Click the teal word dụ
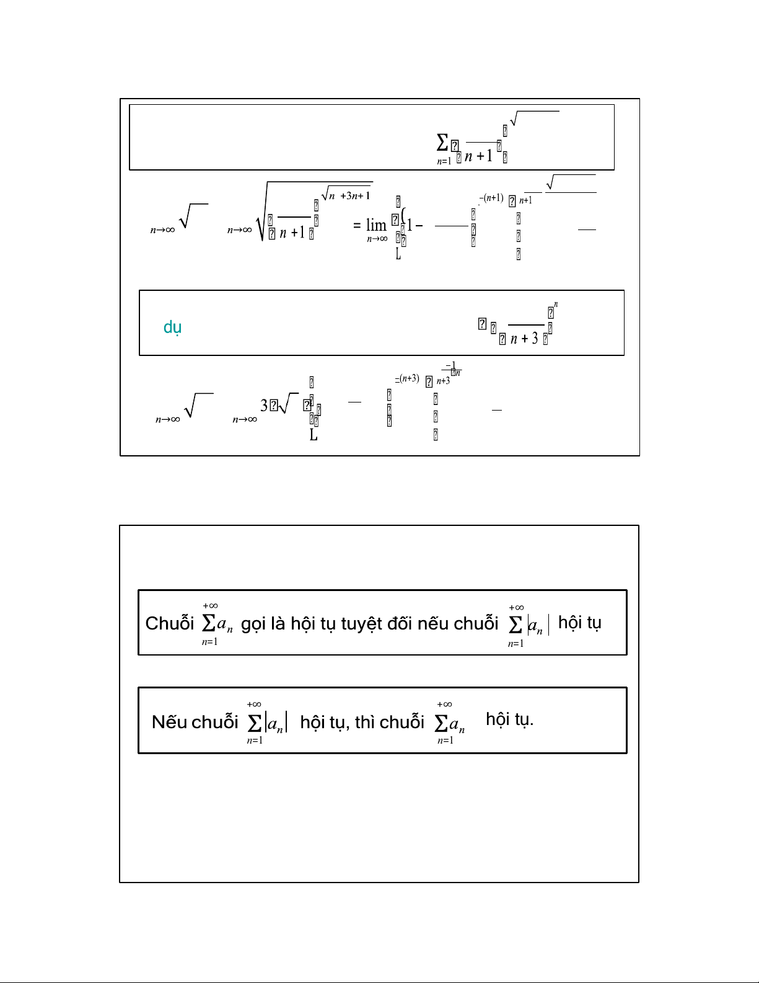coord(172,327)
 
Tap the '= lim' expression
coord(371,225)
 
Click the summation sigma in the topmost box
coord(442,143)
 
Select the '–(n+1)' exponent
coord(491,198)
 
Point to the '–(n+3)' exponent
coord(407,378)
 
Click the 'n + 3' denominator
coord(524,339)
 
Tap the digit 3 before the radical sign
coord(264,406)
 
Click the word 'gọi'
coord(253,623)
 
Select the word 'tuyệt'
coord(361,623)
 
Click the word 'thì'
coord(365,722)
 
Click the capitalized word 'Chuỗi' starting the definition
coord(170,623)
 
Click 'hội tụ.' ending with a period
coord(509,719)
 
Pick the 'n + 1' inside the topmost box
coord(478,156)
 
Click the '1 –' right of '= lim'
coord(414,226)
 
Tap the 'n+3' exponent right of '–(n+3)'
coord(443,381)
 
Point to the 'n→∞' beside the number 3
coord(244,420)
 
